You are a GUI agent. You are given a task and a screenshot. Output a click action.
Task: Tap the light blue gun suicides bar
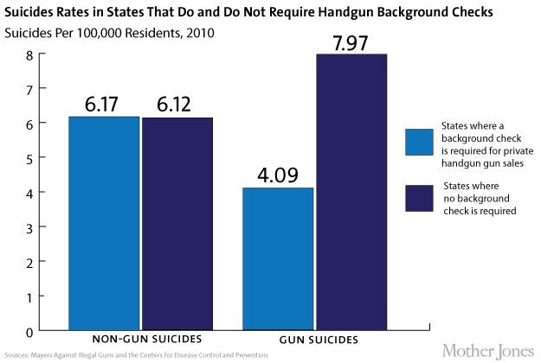tap(278, 259)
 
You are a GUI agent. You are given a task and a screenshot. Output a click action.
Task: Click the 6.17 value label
tap(104, 104)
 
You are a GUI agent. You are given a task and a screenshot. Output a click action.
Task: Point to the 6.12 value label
tap(177, 105)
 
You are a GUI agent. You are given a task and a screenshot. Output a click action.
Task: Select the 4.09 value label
tap(278, 175)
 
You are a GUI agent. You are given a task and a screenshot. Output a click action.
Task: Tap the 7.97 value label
tap(351, 41)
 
